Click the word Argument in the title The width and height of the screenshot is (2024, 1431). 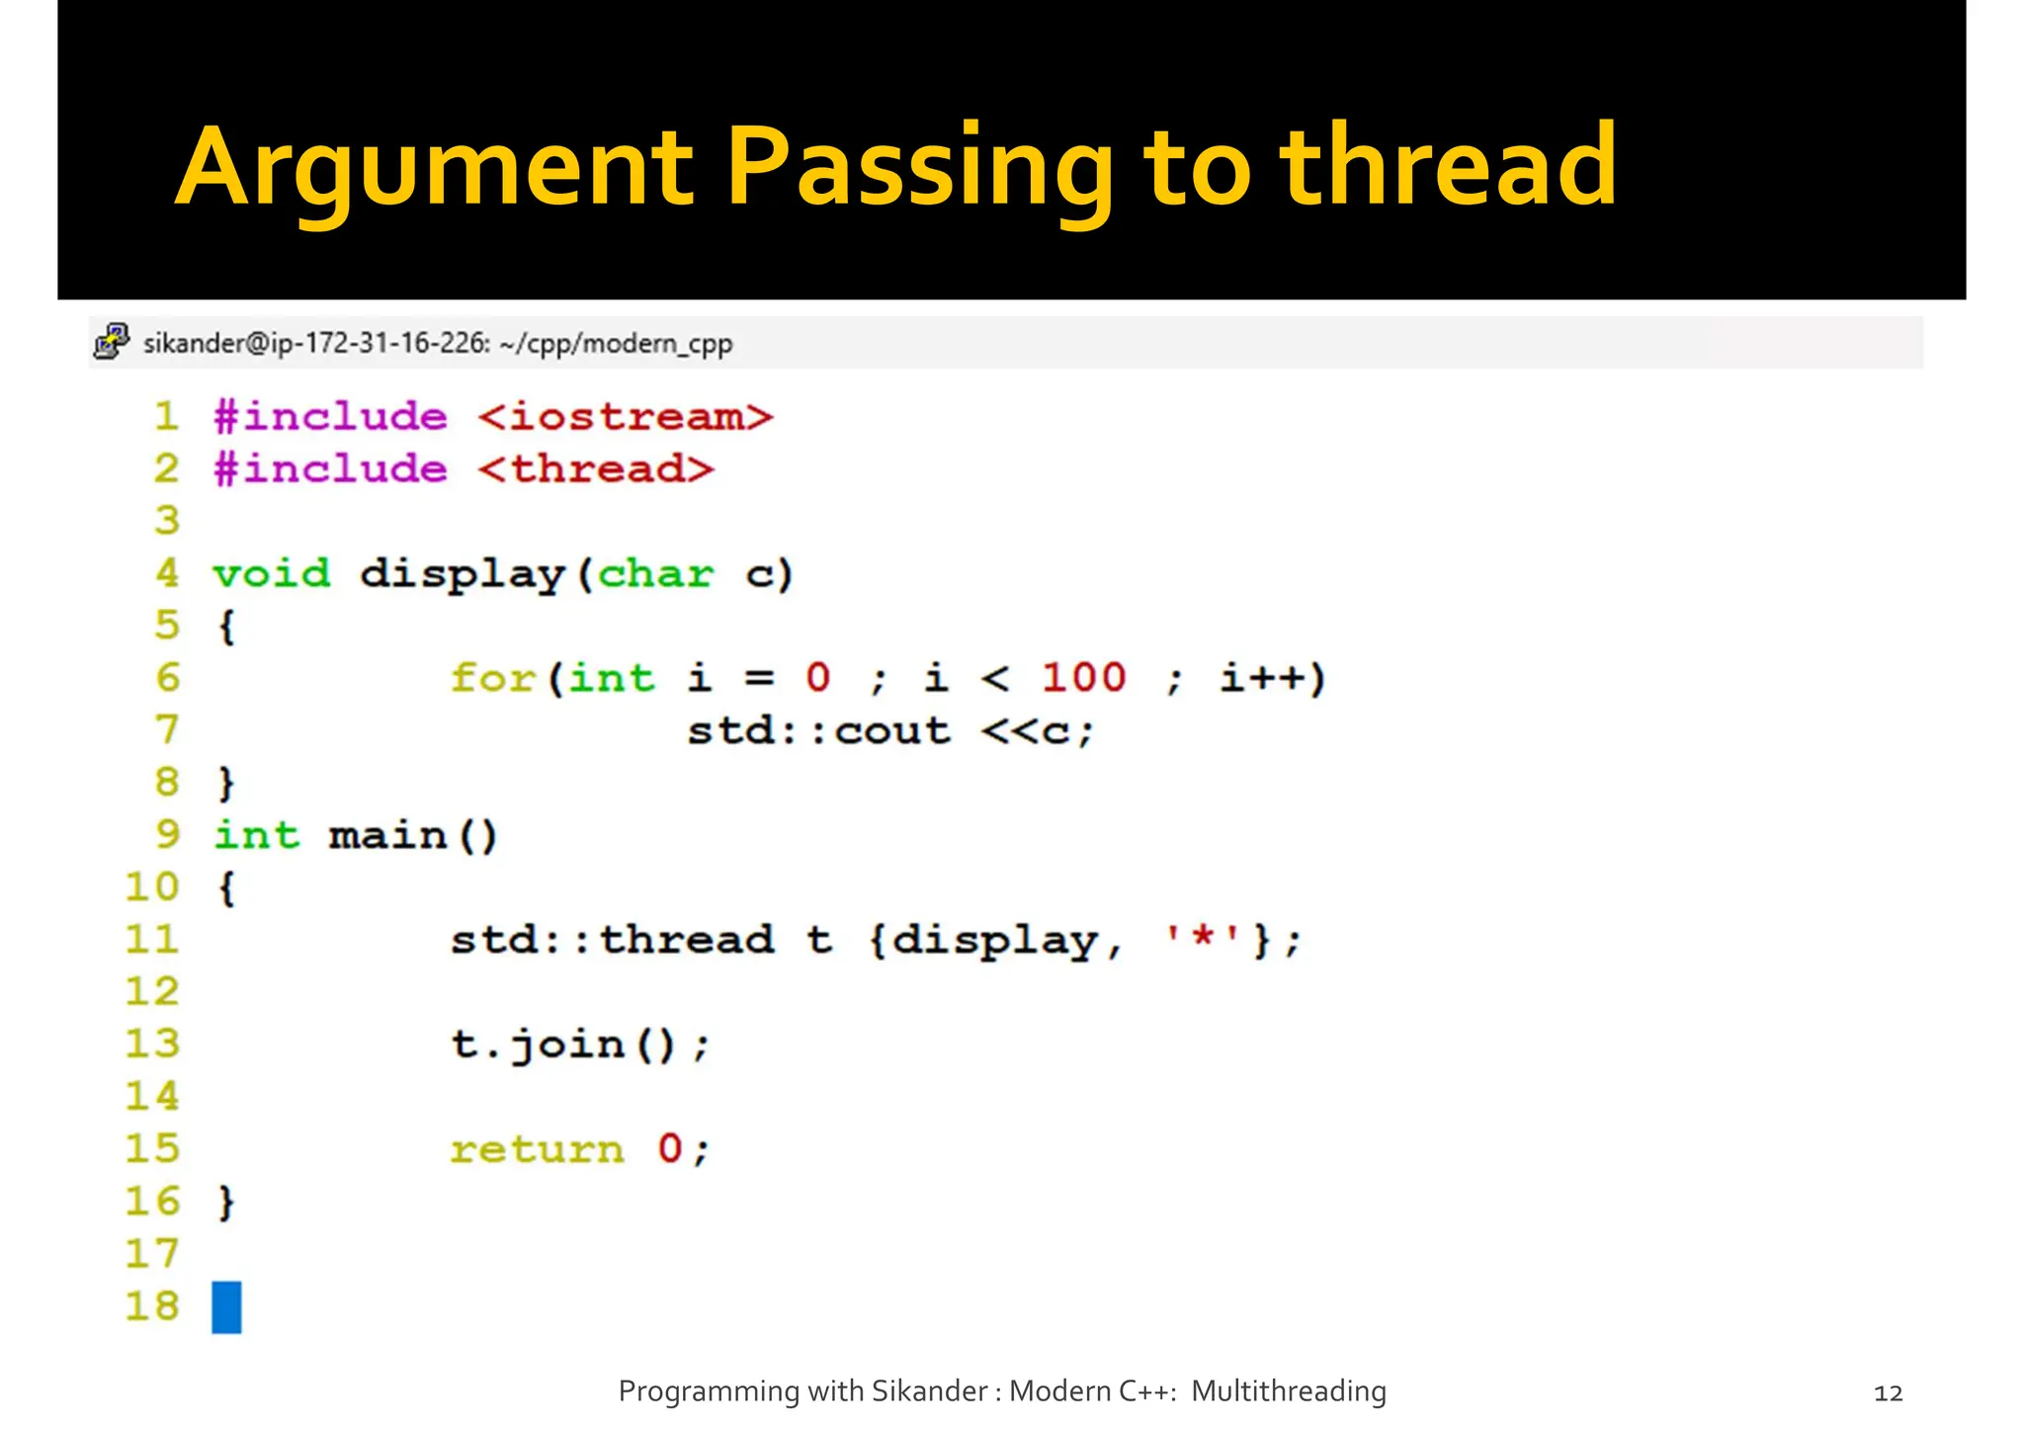tap(435, 168)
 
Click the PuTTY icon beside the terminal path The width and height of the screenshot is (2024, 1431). tap(112, 342)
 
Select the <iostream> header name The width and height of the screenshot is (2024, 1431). tap(625, 417)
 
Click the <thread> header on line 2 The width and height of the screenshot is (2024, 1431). tap(596, 469)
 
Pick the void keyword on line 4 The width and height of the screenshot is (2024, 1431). tap(272, 574)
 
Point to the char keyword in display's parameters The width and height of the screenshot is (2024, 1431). tap(655, 574)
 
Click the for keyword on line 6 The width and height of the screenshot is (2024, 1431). tap(492, 679)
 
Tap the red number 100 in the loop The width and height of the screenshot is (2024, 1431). tap(1083, 679)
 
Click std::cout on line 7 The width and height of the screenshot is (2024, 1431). tap(818, 731)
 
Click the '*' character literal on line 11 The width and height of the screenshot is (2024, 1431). tap(1203, 939)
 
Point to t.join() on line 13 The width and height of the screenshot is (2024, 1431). tap(579, 1045)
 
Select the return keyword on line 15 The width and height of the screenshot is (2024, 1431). tap(537, 1149)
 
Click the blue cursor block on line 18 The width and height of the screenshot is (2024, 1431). tap(226, 1306)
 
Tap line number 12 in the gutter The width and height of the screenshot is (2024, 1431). tap(152, 991)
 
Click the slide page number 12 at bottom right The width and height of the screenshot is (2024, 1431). tap(1888, 1393)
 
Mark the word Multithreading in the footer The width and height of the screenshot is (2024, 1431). tap(1288, 1391)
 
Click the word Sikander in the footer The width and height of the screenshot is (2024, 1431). tap(928, 1391)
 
